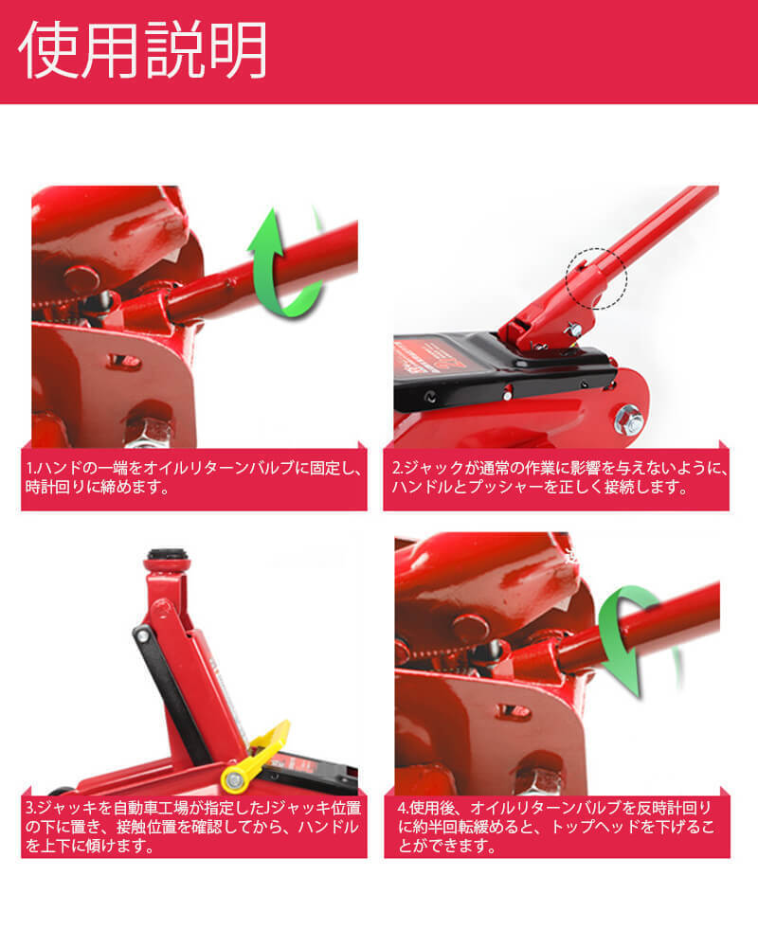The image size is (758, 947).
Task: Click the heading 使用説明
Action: pos(143,49)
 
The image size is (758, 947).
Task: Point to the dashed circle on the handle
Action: pos(596,278)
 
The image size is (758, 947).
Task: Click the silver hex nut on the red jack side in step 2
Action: pos(628,420)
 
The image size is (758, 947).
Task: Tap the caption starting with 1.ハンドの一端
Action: pos(193,477)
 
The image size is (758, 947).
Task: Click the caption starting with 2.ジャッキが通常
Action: pos(560,477)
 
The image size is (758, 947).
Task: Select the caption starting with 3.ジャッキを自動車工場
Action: pos(193,826)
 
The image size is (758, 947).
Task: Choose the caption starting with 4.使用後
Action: pos(555,826)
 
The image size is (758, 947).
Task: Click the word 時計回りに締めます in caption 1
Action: pos(97,487)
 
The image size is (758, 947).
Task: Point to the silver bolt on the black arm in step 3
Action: pos(143,635)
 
